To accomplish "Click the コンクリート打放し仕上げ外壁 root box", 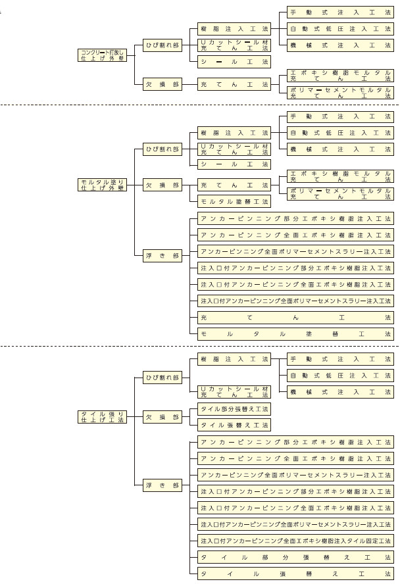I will [101, 55].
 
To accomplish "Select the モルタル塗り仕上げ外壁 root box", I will [101, 185].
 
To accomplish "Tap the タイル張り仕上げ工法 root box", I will [101, 416].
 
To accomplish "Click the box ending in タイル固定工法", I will [295, 541].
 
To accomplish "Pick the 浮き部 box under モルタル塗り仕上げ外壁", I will [162, 256].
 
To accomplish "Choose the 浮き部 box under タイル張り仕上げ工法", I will [162, 485].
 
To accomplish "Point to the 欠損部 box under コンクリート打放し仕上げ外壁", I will [162, 84].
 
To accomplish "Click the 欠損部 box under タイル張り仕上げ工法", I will [162, 416].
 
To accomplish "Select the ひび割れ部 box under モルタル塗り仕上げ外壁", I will [162, 149].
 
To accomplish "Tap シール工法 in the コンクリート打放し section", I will [234, 62].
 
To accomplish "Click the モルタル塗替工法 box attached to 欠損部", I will [234, 201].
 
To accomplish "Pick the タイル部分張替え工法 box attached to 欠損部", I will [234, 409].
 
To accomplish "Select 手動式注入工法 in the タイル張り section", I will [341, 360].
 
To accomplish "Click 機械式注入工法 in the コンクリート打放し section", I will [341, 45].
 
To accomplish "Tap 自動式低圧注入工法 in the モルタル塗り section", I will [341, 133].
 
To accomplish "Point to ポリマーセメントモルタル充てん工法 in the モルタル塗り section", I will [341, 193].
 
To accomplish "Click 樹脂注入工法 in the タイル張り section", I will [234, 360].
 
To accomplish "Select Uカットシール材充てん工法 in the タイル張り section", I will [234, 392].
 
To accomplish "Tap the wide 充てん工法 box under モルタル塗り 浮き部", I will [295, 318].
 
